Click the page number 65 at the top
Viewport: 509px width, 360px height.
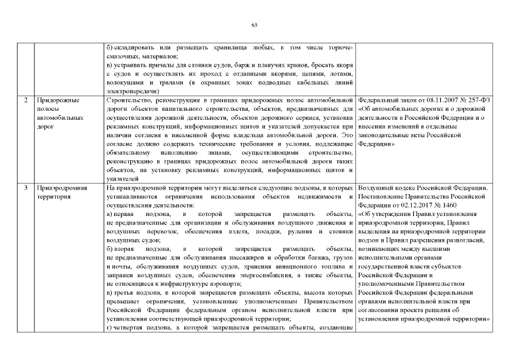point(254,25)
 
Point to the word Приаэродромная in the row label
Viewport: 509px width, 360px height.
point(61,187)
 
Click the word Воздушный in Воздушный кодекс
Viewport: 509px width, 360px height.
point(375,187)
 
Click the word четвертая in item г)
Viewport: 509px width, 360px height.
point(130,328)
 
